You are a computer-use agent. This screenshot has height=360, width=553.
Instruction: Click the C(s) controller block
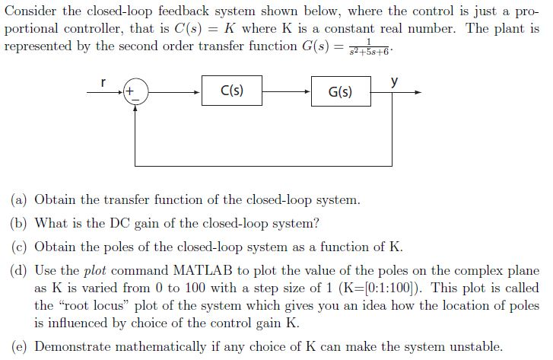(232, 91)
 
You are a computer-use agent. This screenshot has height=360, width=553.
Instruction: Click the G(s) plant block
(340, 91)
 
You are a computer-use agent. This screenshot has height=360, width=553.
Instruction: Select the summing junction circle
(135, 93)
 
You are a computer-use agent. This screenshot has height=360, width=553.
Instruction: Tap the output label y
(393, 80)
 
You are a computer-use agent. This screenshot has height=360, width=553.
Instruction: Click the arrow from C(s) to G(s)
(287, 91)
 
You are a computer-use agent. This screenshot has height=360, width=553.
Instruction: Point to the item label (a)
(19, 200)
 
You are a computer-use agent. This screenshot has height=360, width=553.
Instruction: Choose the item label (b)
(19, 224)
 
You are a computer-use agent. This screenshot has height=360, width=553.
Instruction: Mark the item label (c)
(19, 247)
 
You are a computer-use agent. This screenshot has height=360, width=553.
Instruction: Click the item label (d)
(19, 271)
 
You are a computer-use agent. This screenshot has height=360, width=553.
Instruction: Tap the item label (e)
(19, 346)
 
